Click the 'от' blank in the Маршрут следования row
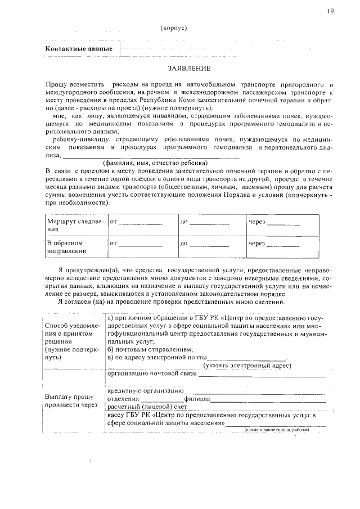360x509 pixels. [140, 223]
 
